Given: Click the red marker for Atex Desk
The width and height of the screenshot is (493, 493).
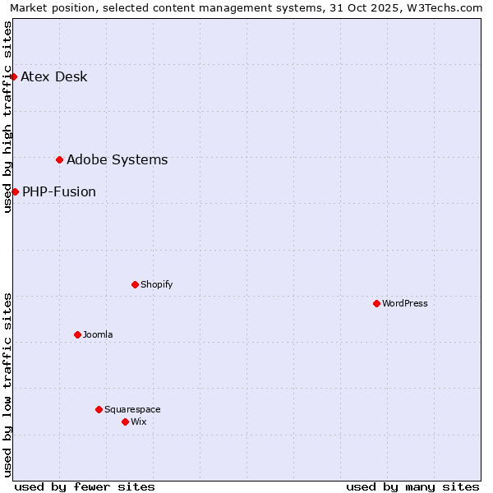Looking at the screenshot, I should point(14,76).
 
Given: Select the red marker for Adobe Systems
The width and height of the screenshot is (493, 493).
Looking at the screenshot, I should point(60,159).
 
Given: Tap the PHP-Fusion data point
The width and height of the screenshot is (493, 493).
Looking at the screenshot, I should point(15,191).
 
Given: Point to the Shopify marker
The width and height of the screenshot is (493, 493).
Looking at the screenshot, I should point(135,284).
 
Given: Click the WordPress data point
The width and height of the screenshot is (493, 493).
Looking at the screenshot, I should point(376,303).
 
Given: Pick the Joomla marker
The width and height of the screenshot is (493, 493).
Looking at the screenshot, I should point(77,334).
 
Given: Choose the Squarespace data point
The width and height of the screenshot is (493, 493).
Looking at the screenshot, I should point(99,409).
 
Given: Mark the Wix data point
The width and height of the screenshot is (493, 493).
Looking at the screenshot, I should point(125,422).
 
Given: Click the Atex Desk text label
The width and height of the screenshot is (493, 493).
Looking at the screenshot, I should point(54,77).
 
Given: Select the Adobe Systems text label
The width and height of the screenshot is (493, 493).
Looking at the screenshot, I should point(117,160).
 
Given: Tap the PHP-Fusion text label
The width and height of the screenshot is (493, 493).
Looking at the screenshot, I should point(59,192).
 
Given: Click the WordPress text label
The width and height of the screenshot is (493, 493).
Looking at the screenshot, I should point(405,304).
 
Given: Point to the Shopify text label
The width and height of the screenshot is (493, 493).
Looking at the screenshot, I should point(157,285).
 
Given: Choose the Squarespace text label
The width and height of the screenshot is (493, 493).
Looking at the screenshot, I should point(132,410).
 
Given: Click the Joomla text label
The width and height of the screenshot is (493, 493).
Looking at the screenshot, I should point(98,335).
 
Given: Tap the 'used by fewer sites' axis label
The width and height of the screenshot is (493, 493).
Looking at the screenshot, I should point(85,486).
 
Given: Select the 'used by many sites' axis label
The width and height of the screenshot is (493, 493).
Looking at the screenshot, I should point(412,486).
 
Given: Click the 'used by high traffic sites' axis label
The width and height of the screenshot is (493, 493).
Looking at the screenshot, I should point(8,117).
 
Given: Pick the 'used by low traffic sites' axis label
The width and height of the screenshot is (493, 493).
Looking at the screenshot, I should point(8,385).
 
